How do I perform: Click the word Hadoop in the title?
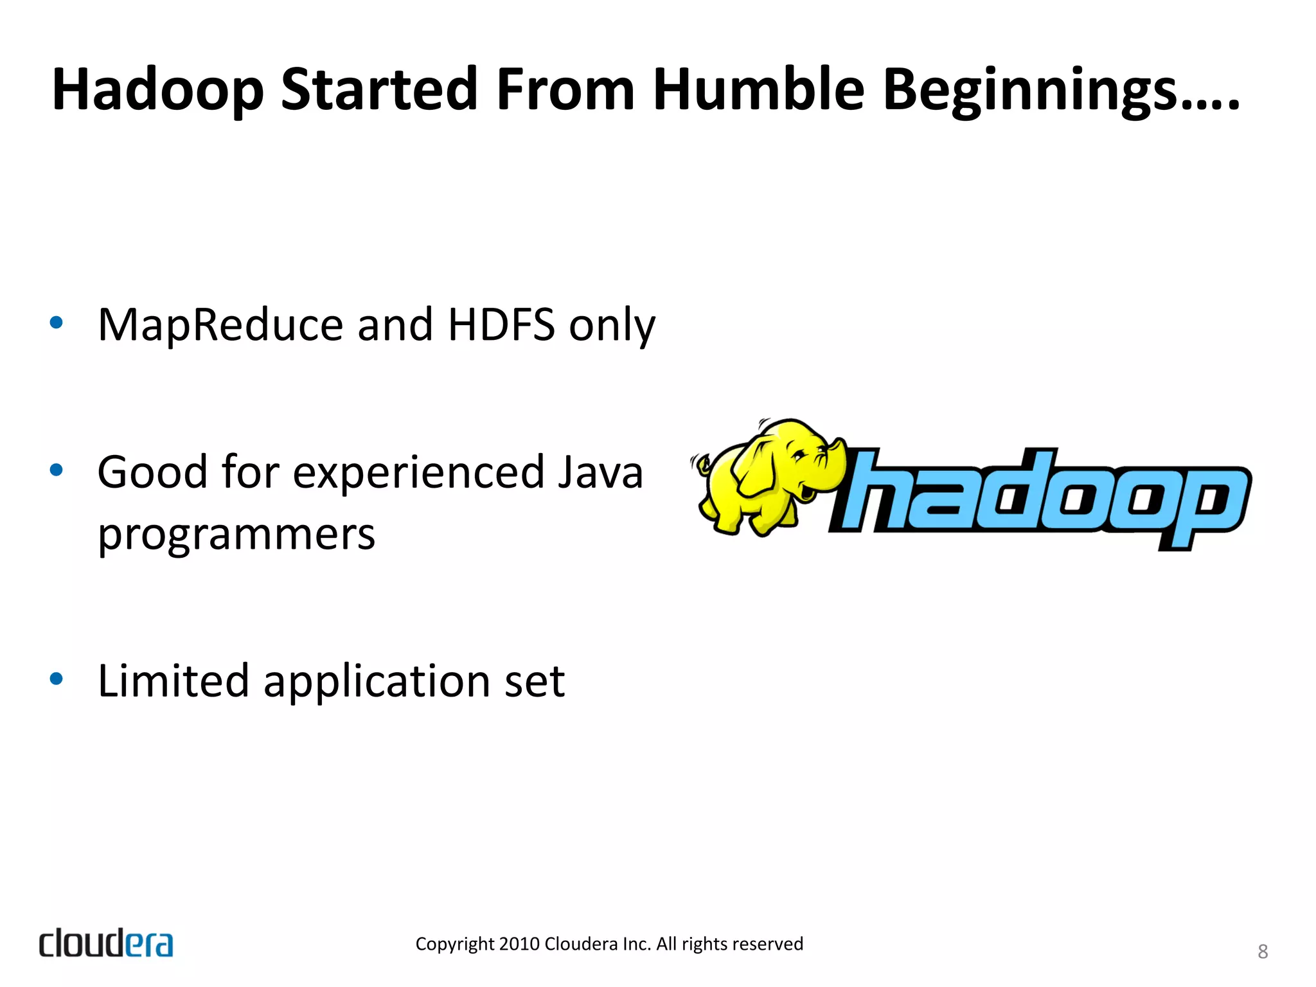coord(157,90)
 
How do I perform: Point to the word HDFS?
coord(501,325)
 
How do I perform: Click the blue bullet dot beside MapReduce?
coord(57,323)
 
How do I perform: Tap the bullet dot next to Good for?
coord(57,470)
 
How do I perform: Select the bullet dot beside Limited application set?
coord(57,679)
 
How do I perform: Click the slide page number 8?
coord(1262,952)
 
